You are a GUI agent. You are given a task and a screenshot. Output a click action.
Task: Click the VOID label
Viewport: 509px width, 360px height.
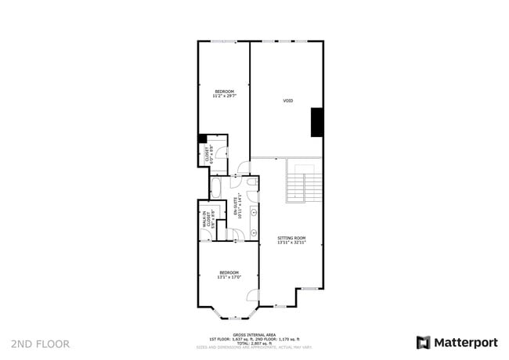coord(288,101)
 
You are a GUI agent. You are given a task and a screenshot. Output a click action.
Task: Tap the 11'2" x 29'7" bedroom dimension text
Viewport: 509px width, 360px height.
coord(225,96)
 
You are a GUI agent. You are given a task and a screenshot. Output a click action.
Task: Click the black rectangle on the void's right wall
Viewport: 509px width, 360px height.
coord(317,122)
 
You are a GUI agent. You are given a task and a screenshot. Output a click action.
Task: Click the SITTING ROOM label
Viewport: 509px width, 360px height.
coord(291,238)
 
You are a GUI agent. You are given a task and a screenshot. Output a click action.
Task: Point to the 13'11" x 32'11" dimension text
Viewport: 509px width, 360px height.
coord(291,243)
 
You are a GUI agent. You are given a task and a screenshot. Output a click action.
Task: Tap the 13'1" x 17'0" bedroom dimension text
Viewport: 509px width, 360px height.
coord(229,276)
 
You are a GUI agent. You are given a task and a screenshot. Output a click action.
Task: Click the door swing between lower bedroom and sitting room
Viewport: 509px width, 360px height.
coord(252,295)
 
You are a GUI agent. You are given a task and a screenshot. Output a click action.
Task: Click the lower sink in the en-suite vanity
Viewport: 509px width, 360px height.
coord(254,233)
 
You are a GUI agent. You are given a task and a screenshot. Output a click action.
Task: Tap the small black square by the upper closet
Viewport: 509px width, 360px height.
coord(202,139)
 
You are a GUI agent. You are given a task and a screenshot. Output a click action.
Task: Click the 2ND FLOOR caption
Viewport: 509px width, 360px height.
coord(41,344)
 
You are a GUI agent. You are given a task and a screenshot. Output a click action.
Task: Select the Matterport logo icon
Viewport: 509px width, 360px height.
coord(424,343)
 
